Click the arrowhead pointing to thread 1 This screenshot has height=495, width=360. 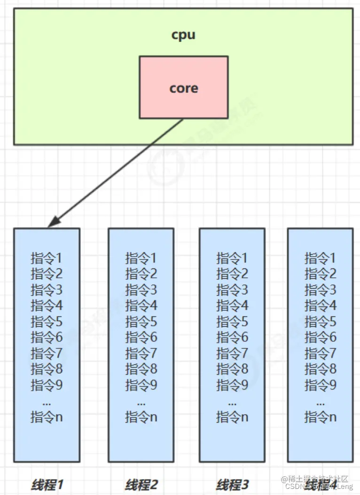point(53,222)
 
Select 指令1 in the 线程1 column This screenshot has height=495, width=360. point(47,258)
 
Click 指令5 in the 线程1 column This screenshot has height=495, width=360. point(47,322)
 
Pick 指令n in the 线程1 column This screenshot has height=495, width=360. point(47,417)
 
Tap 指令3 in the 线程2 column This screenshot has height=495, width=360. point(141,290)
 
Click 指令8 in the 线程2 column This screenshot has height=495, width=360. point(141,369)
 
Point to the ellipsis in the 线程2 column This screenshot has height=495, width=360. point(141,403)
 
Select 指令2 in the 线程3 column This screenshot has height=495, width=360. point(232,274)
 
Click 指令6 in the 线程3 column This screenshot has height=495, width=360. point(232,338)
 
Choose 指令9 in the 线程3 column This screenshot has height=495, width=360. point(232,385)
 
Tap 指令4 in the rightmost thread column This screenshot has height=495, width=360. point(321,306)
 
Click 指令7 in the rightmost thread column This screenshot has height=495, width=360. point(321,353)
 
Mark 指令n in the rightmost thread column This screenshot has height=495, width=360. point(321,417)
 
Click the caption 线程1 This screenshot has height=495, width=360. point(47,485)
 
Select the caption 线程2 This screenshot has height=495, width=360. point(141,485)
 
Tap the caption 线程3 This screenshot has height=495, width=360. point(232,485)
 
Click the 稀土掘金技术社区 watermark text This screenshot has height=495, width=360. point(315,479)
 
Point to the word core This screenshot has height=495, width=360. point(183,88)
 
